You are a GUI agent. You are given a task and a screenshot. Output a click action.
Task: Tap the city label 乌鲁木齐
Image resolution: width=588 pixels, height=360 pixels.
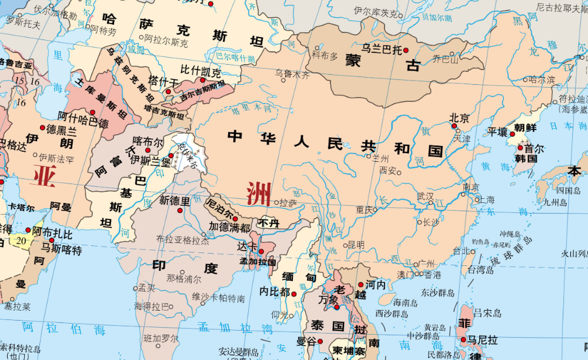pos(292,74)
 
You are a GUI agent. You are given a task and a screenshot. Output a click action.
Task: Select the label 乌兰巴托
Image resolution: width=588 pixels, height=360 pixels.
pos(380,49)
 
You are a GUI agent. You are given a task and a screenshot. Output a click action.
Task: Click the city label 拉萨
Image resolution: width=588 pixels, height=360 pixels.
pos(288,202)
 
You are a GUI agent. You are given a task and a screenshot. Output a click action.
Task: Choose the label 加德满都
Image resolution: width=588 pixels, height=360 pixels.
pos(230,226)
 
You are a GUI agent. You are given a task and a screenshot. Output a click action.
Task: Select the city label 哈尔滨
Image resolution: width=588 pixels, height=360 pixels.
pos(541,79)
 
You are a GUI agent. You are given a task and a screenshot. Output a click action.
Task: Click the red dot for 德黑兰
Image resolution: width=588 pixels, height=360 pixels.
pos(42,128)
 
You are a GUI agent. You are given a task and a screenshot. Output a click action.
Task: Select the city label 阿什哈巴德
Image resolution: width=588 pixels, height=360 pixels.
pos(83,123)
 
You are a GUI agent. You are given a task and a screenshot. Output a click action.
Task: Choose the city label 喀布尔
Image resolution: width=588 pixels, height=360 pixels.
pos(148,142)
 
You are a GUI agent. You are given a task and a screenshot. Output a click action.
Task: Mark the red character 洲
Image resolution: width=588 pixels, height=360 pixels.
pos(259,194)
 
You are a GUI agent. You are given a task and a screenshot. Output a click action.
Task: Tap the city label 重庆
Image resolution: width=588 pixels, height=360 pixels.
pos(364,209)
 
